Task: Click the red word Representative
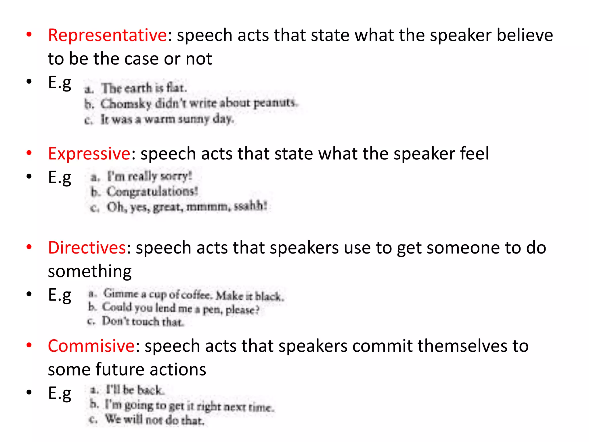[107, 35]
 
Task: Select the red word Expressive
[89, 153]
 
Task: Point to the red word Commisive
[91, 346]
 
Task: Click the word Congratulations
[152, 191]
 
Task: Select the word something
[90, 271]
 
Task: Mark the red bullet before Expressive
[29, 153]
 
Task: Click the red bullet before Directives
[29, 247]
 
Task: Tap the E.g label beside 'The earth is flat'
[60, 83]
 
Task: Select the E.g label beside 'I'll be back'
[60, 393]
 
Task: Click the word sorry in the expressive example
[176, 176]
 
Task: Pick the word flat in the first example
[176, 87]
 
